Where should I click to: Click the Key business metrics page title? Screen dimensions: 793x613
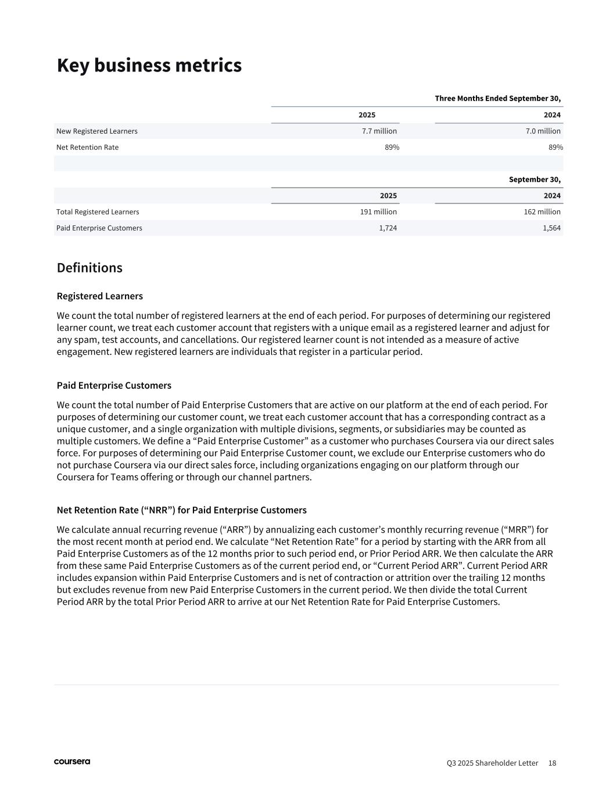click(149, 66)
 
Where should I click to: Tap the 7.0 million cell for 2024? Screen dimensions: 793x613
click(543, 131)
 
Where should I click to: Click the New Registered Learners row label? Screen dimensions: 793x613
click(97, 131)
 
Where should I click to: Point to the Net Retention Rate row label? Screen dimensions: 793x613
click(87, 148)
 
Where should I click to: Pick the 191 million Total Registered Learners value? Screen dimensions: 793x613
click(378, 212)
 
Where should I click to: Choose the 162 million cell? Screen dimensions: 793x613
click(542, 212)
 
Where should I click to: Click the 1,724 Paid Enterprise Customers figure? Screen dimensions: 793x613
click(388, 228)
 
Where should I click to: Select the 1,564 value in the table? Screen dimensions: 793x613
click(551, 228)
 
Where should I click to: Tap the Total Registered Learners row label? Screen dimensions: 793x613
click(98, 212)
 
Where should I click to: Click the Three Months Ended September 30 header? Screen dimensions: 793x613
click(497, 99)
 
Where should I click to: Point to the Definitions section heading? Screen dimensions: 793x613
click(89, 268)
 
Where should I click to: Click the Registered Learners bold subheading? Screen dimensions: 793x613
click(100, 296)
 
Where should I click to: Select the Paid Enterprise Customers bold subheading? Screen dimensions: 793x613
click(114, 386)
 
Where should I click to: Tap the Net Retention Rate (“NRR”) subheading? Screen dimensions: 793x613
click(181, 510)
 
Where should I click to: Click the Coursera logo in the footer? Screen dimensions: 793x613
click(72, 762)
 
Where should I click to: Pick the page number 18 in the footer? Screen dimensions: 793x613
click(552, 763)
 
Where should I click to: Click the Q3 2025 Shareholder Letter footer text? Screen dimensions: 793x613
click(492, 763)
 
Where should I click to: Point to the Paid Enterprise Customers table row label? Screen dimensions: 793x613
click(99, 228)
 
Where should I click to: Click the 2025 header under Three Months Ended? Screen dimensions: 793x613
click(367, 115)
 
